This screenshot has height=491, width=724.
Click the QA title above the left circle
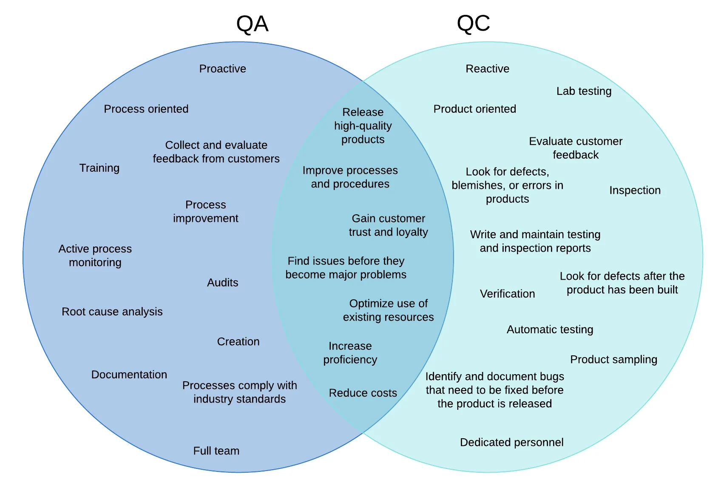click(252, 24)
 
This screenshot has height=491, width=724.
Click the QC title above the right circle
click(473, 24)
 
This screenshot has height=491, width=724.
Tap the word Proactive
click(222, 69)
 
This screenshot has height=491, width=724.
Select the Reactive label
click(487, 69)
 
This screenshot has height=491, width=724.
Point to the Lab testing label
click(584, 91)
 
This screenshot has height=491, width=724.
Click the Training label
click(99, 168)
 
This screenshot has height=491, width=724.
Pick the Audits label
click(222, 283)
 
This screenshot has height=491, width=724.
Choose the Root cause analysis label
click(112, 312)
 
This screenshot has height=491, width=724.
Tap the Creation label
click(238, 342)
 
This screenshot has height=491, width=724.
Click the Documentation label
click(129, 375)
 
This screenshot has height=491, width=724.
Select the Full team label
click(216, 451)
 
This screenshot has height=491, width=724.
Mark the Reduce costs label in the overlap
click(363, 393)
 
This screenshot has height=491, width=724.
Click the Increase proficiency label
click(350, 353)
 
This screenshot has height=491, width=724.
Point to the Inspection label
click(635, 190)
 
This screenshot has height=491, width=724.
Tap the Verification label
click(507, 294)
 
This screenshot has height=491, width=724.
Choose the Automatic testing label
click(550, 329)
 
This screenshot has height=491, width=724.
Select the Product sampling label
click(613, 360)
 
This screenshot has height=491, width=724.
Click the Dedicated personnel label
click(511, 443)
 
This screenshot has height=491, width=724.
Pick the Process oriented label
click(146, 109)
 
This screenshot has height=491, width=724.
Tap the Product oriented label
click(474, 109)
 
